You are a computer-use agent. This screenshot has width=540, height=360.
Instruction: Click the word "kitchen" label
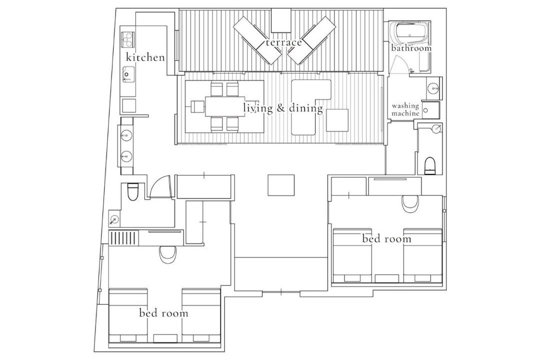click(145, 57)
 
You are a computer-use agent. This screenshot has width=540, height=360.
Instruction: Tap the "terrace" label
click(283, 42)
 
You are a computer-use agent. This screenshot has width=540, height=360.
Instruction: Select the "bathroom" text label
click(411, 47)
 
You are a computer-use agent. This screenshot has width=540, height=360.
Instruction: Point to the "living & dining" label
click(283, 108)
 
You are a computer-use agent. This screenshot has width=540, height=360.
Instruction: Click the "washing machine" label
click(405, 109)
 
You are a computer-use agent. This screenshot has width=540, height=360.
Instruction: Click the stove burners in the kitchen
click(128, 38)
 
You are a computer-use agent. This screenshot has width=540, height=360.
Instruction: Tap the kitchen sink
click(127, 74)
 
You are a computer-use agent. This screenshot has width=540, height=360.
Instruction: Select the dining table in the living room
click(225, 106)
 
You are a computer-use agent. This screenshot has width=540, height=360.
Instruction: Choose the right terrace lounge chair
click(311, 40)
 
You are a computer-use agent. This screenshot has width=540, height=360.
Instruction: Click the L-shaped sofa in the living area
click(311, 107)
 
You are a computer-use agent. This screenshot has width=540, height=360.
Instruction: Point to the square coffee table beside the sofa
click(337, 120)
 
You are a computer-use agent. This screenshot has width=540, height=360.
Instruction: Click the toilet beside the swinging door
click(132, 192)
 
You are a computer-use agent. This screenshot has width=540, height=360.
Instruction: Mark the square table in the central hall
click(281, 185)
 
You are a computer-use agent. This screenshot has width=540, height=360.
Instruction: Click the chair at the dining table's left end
click(197, 107)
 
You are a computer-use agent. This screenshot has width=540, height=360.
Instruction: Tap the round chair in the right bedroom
click(411, 205)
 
